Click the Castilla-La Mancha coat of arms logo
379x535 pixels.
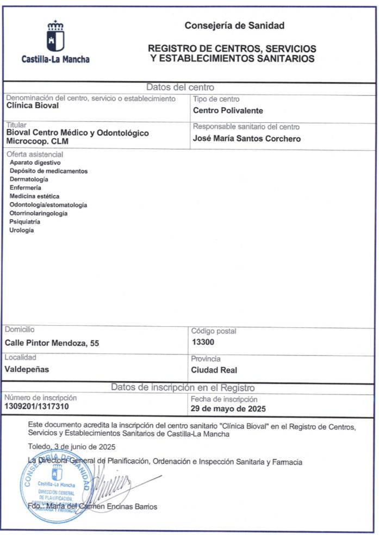(55, 37)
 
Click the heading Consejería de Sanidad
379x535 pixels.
(234, 26)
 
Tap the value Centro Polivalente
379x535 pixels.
(228, 110)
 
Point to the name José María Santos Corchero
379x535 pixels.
(247, 138)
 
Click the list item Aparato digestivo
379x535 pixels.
(35, 163)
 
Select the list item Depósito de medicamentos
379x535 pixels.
(48, 171)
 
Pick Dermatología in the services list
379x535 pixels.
(29, 179)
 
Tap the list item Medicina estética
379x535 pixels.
(35, 196)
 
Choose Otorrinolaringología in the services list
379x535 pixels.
(39, 213)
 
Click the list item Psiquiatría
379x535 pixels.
(25, 222)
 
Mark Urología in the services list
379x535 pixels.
(22, 230)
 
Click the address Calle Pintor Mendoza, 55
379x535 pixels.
(52, 343)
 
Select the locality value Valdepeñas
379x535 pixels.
(27, 369)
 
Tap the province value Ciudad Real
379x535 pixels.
(214, 370)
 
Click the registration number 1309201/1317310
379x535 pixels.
(37, 406)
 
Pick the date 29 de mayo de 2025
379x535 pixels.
(228, 408)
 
